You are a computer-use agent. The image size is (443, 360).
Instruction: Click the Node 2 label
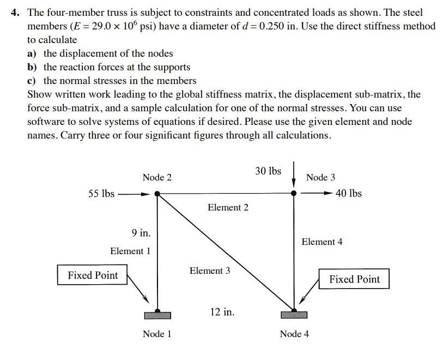(157, 177)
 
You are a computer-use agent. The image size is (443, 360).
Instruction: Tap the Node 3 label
(320, 177)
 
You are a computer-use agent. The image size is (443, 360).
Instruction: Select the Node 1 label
(157, 334)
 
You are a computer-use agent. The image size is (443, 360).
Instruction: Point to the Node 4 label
(294, 334)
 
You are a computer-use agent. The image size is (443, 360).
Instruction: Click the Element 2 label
(228, 207)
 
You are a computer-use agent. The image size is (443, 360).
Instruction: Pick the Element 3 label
(210, 271)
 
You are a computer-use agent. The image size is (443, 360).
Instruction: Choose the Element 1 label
(130, 251)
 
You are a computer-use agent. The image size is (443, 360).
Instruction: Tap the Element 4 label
(322, 242)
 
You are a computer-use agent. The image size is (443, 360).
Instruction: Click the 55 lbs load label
(101, 193)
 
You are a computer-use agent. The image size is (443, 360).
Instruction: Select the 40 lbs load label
(349, 193)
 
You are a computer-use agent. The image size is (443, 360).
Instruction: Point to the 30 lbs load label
(268, 171)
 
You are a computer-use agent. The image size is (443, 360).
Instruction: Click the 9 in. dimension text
(141, 233)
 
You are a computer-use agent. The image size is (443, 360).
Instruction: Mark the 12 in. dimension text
(222, 312)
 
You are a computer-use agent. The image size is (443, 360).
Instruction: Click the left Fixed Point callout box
(93, 275)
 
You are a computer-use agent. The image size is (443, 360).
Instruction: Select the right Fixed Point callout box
(354, 279)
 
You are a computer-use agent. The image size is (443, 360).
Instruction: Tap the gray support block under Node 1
(157, 315)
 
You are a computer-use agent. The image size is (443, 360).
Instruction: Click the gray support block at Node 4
(294, 315)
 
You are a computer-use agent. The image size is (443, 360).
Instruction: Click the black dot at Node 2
(157, 193)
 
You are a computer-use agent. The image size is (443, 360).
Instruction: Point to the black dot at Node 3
(294, 193)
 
